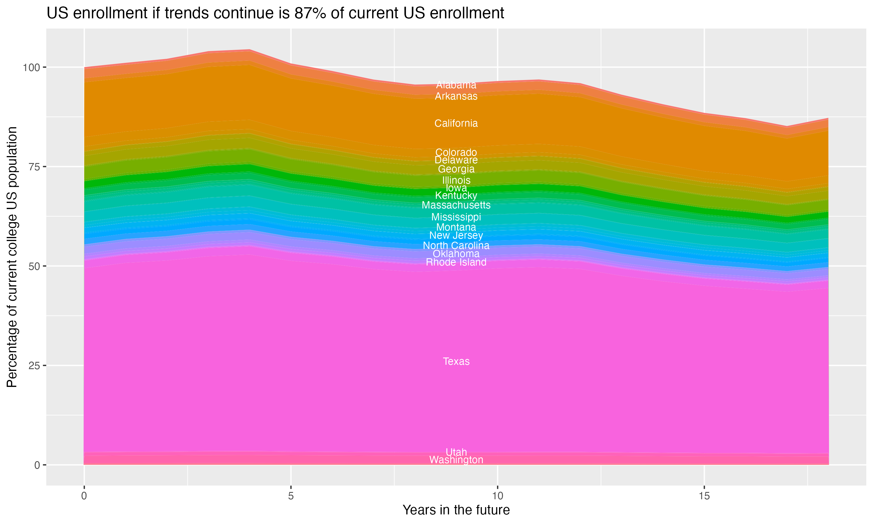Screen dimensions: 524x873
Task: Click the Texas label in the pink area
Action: click(x=456, y=362)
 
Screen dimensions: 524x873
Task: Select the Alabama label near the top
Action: click(x=456, y=85)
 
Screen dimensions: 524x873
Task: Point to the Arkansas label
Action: click(x=456, y=96)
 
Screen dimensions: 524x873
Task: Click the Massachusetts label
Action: click(x=456, y=205)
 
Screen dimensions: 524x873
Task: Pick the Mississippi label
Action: click(x=456, y=217)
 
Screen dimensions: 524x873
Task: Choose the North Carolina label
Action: click(x=456, y=245)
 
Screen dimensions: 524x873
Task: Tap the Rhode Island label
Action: click(x=456, y=262)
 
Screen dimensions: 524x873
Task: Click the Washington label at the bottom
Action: click(x=456, y=460)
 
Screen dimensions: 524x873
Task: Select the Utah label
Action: click(x=456, y=452)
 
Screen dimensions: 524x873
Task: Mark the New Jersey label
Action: click(x=456, y=236)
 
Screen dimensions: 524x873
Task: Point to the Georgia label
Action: click(x=456, y=169)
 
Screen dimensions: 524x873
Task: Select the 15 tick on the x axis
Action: click(x=704, y=496)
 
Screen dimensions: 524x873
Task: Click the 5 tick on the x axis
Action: click(x=291, y=496)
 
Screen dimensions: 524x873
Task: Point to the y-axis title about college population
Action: click(x=12, y=257)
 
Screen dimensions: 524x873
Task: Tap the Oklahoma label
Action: click(x=456, y=254)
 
